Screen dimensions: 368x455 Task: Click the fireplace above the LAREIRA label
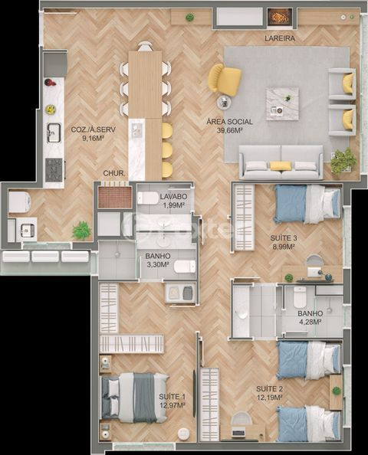tap(280, 17)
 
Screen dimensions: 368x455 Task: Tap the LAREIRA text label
tap(280, 38)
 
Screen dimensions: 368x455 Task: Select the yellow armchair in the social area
tap(225, 79)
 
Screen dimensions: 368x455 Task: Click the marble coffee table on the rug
tap(282, 103)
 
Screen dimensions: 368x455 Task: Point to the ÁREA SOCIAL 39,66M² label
tap(229, 126)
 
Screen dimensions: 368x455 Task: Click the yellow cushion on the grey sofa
tap(281, 165)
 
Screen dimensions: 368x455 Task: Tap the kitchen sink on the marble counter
tap(54, 133)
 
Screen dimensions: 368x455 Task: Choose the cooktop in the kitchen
tap(54, 170)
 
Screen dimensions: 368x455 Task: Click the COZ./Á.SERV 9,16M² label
tap(94, 133)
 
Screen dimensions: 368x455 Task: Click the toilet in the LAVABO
tap(148, 198)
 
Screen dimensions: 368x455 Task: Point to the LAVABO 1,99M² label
tap(173, 201)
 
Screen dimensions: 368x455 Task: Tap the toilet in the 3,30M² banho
tap(185, 267)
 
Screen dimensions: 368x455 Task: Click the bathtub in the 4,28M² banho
tap(242, 311)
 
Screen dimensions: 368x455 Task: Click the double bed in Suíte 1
tap(134, 398)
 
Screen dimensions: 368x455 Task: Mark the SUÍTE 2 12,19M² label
tap(269, 393)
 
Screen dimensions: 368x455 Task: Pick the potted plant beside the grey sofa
tap(343, 161)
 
